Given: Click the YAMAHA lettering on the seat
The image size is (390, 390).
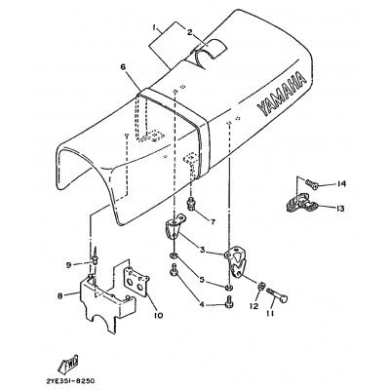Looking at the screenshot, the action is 282,94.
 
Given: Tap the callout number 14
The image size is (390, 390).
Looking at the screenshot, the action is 341,184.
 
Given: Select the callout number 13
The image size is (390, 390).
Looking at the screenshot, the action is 339,209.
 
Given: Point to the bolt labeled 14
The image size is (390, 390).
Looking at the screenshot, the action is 311,184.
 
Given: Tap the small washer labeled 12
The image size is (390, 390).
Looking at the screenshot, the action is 261,287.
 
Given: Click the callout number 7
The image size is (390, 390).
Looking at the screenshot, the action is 213,222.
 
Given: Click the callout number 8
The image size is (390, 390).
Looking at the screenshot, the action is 59,295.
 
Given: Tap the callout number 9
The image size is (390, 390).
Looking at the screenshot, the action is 68,265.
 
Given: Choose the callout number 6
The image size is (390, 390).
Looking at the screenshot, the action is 123,67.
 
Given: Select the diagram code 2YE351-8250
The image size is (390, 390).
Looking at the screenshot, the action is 70,380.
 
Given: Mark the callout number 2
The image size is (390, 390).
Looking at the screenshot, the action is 189,32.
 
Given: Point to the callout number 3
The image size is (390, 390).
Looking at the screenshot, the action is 202,250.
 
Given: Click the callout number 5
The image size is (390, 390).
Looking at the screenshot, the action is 202,279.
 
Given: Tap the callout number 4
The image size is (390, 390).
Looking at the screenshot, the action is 202,305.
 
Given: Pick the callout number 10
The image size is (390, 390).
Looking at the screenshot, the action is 159,315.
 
